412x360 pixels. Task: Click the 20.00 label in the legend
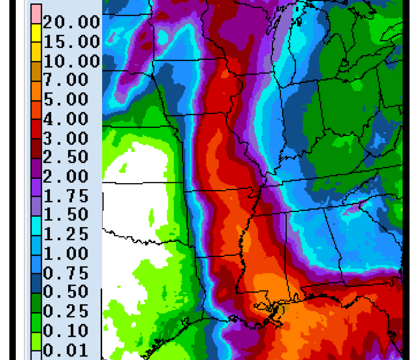[72, 22]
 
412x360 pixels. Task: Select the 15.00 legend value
[72, 41]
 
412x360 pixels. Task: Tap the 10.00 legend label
[72, 61]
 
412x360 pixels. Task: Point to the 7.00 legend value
[66, 80]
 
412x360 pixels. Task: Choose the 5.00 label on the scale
[66, 99]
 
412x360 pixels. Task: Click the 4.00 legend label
[66, 119]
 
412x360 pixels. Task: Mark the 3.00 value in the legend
[66, 138]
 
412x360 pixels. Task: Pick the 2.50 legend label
[66, 158]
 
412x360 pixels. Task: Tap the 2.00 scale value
[66, 177]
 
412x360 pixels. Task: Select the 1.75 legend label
[66, 196]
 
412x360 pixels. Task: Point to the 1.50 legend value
[66, 215]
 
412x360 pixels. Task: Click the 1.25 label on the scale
[66, 234]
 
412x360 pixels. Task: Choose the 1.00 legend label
[66, 254]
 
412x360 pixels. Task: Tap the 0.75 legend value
[66, 273]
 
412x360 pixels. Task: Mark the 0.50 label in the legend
[66, 292]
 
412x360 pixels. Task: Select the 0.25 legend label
[66, 312]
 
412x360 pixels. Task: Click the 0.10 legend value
[66, 331]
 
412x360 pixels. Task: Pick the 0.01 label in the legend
[66, 351]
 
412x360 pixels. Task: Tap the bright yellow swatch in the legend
[36, 33]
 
